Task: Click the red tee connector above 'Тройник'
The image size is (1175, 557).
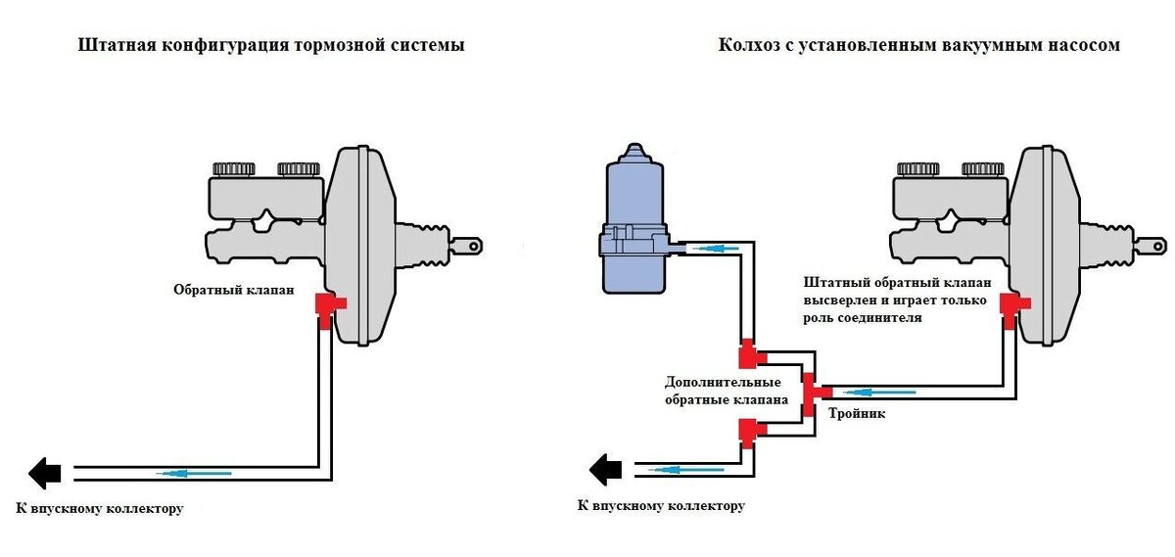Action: (811, 389)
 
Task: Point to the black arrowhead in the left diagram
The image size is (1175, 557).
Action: (45, 473)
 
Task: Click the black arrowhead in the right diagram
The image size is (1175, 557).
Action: (606, 469)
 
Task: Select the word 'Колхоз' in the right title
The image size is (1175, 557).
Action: (747, 45)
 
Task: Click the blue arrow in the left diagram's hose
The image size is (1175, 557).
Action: (196, 474)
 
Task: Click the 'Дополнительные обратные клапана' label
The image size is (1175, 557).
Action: (723, 391)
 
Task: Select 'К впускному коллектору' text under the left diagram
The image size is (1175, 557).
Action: (100, 508)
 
